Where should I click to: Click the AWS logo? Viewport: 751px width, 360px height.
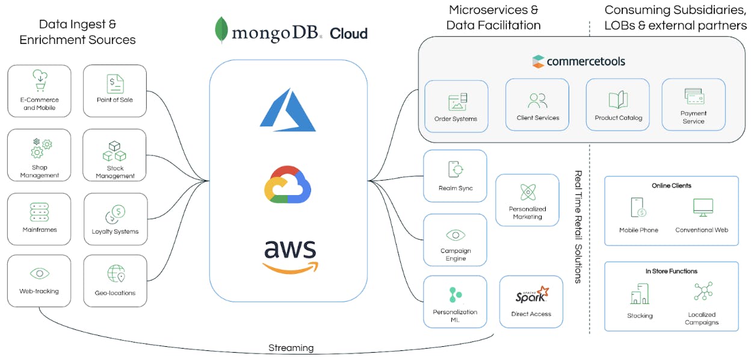point(290,256)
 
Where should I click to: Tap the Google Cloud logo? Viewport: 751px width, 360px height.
point(287,183)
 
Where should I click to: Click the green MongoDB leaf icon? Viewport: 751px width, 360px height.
point(221,30)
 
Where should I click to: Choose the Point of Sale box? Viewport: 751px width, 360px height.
point(114,90)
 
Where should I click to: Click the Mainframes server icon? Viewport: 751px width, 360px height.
point(39,212)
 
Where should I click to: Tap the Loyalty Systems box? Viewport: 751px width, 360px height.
point(115,219)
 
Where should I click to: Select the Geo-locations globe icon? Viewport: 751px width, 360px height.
point(116,274)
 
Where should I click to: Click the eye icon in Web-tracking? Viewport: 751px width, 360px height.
point(39,274)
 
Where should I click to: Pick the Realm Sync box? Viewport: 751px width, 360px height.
point(455,175)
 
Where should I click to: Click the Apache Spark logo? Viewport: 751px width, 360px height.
point(532,295)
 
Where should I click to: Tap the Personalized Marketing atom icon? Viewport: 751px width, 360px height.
point(528,193)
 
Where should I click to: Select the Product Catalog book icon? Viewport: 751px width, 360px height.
point(618,101)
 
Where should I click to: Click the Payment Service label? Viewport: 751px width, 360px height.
point(693,117)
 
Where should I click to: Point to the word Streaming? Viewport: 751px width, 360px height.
point(291,347)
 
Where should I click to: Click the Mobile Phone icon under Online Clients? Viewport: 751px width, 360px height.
point(638,208)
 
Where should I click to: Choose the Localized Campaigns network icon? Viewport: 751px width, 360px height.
point(702,293)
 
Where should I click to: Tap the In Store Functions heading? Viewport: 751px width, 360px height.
point(671,272)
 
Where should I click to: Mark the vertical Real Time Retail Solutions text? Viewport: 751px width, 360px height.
point(578,226)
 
